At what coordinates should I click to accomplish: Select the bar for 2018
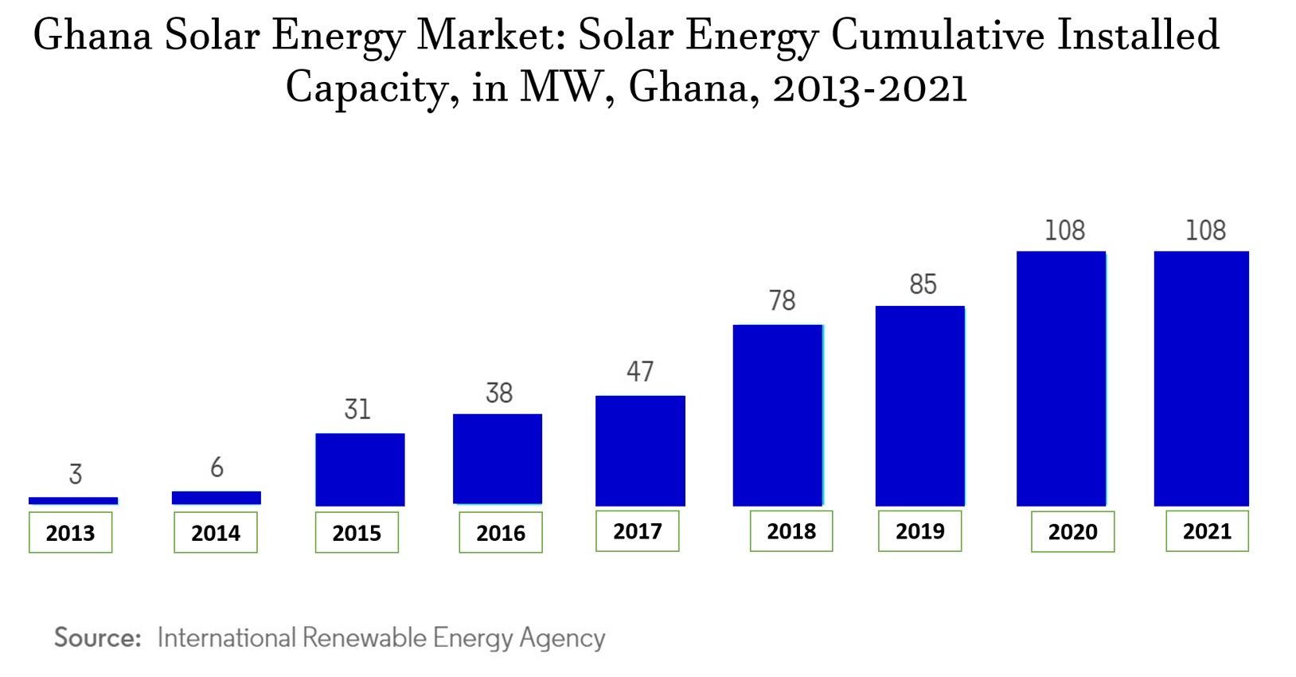[778, 415]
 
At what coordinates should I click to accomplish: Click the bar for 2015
[360, 469]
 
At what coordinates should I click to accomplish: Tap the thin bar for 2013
[73, 501]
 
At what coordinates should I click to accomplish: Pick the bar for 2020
[1061, 378]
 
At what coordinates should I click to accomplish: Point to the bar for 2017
[640, 450]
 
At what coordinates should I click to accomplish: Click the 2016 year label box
[501, 533]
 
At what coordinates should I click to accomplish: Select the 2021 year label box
[1207, 531]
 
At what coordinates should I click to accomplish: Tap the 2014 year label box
[216, 533]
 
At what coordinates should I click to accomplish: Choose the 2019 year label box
[919, 531]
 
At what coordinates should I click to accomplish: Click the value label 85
[923, 284]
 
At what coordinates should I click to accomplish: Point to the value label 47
[640, 371]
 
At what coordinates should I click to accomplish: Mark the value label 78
[782, 300]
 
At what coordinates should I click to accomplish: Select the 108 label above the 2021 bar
[1205, 230]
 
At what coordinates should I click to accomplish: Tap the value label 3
[76, 474]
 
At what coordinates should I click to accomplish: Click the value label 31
[357, 409]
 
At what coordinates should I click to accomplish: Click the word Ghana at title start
[92, 36]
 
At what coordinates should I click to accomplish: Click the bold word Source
[97, 638]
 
